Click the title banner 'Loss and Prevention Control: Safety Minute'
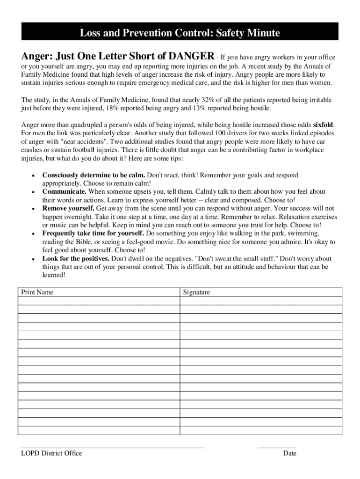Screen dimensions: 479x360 (180, 33)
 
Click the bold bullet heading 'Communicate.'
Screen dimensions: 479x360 (65, 192)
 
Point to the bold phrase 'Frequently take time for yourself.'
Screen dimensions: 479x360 (94, 233)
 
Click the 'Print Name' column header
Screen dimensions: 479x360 (37, 292)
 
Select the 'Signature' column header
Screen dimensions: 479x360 (196, 292)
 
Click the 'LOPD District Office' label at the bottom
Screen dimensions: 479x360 (51, 453)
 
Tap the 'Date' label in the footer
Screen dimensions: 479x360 (289, 453)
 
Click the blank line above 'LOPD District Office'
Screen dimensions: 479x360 (113, 447)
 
